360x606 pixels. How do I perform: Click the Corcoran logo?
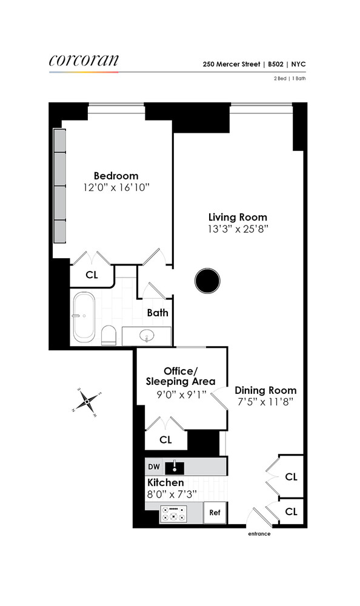(x=84, y=60)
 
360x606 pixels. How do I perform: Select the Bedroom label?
(x=116, y=176)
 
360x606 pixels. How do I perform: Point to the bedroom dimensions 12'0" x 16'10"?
(x=116, y=188)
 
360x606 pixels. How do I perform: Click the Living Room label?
(x=238, y=217)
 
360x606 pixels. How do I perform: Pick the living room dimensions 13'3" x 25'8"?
(x=238, y=229)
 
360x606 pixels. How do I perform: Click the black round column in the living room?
(x=207, y=280)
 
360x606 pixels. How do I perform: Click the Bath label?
(x=158, y=313)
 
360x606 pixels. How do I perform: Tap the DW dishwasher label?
(x=154, y=467)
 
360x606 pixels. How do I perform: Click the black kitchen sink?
(x=177, y=467)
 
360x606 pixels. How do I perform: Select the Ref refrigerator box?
(x=215, y=513)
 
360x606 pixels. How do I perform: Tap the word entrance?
(x=259, y=534)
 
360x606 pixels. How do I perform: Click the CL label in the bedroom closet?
(x=92, y=275)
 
